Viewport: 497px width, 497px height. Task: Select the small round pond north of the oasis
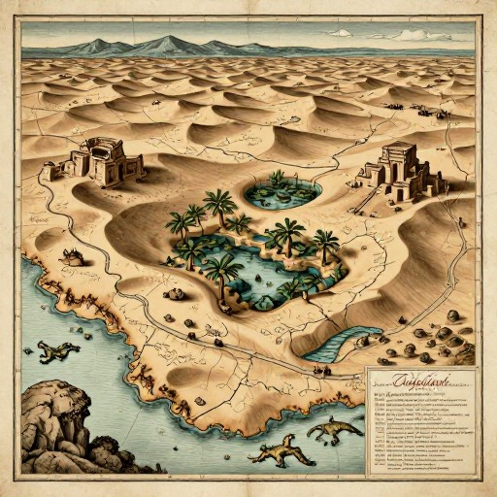[282, 193]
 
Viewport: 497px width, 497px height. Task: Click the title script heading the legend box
[417, 381]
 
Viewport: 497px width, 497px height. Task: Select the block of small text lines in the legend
[419, 427]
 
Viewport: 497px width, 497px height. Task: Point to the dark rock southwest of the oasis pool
[178, 293]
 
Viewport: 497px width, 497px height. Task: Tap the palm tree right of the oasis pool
[326, 243]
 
